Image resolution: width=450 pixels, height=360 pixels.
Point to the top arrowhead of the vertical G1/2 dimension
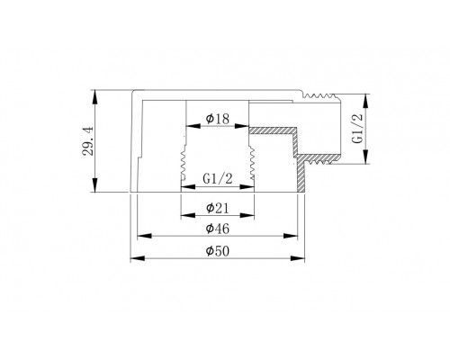click(365, 95)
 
